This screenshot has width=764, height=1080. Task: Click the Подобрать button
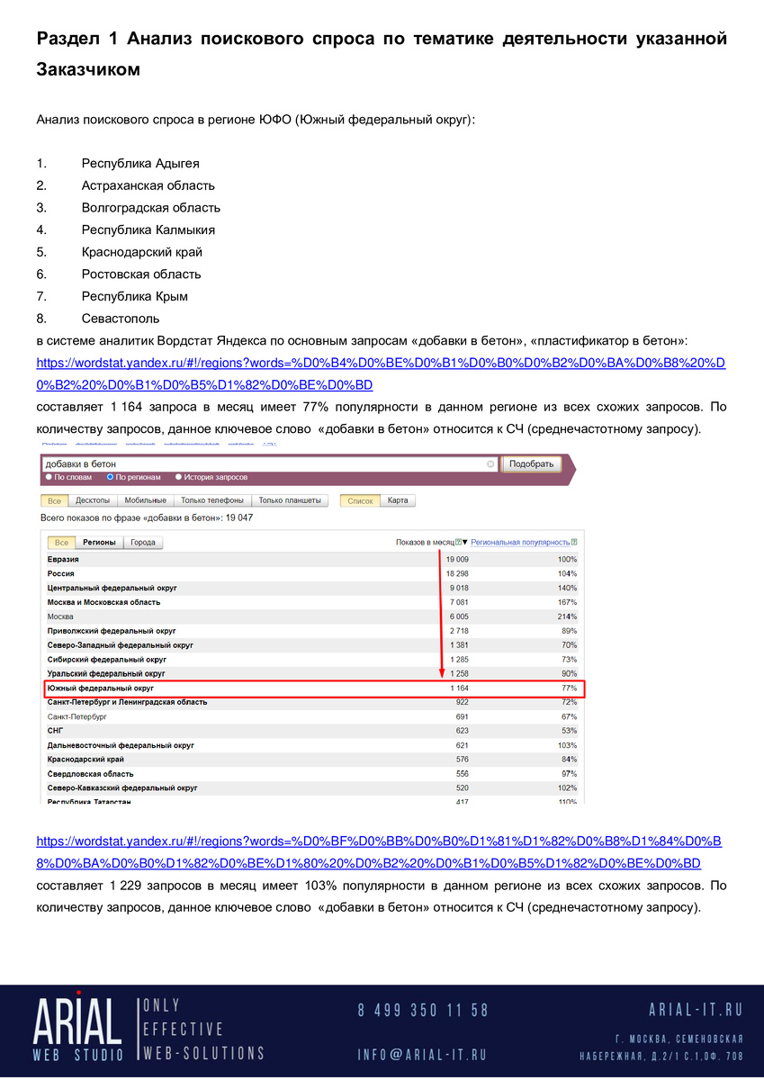531,464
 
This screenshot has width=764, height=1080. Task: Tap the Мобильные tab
145,500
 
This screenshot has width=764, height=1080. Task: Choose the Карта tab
398,500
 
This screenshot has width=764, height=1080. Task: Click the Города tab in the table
143,543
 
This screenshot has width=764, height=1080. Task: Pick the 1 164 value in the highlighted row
459,688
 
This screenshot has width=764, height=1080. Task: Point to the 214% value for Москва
567,616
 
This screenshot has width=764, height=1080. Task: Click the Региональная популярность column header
520,543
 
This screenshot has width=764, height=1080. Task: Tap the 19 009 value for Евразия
457,559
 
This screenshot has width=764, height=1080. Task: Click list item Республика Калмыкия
148,229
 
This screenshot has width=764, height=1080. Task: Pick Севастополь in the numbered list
121,319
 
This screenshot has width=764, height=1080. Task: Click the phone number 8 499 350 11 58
423,1010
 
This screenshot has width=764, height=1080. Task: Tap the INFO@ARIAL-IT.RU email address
422,1055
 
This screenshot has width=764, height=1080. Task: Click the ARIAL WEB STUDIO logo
78,1028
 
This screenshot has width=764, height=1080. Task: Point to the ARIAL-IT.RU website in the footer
696,1010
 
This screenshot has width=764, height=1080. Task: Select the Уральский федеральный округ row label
106,674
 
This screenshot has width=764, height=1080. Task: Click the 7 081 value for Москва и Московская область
458,602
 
